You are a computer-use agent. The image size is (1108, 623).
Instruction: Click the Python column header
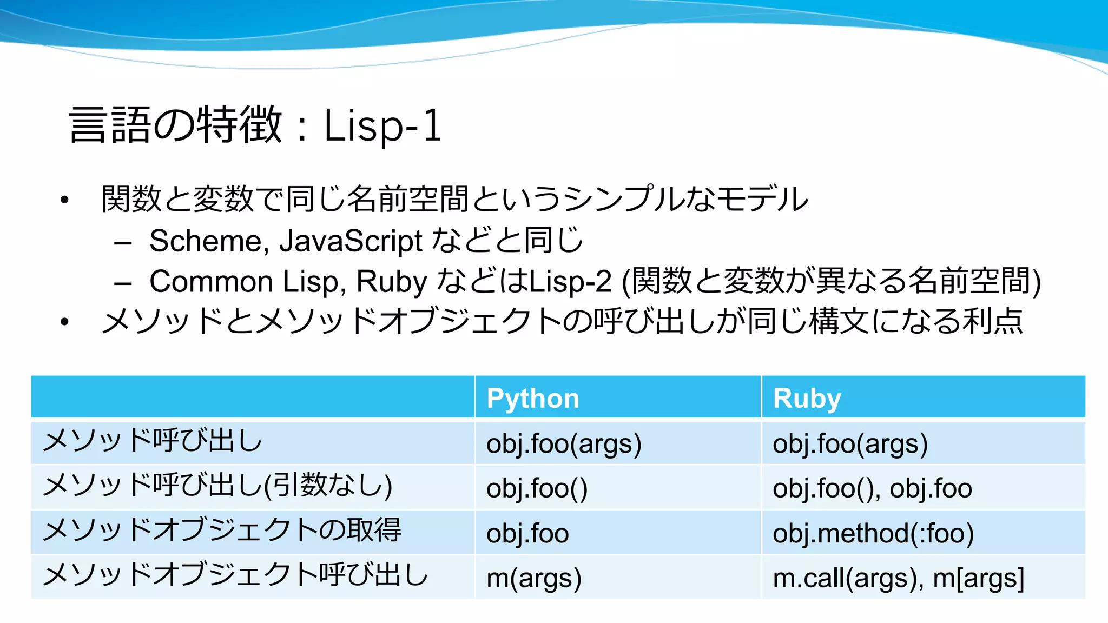pos(533,399)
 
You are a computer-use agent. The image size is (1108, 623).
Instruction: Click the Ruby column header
pos(807,399)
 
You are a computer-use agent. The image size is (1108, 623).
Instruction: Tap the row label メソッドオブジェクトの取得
pos(222,530)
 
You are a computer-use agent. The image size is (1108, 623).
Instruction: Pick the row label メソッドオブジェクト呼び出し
pos(235,575)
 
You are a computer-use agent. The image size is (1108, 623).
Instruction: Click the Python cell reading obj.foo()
pos(537,488)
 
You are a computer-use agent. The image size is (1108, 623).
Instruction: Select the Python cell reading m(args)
pos(534,578)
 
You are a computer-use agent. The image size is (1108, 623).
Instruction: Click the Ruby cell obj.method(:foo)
pos(873,533)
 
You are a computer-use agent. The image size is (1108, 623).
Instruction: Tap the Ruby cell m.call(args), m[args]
pos(898,578)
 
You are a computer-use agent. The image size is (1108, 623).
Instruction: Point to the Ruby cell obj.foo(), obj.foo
pos(872,488)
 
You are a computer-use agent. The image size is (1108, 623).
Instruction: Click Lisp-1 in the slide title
pos(382,125)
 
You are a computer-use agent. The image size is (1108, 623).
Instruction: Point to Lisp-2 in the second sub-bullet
pos(570,281)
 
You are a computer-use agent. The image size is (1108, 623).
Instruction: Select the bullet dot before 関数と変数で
pos(65,200)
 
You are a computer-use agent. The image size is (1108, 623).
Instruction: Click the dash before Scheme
pos(123,243)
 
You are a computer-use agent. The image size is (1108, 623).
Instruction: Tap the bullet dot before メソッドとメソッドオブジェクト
pos(65,322)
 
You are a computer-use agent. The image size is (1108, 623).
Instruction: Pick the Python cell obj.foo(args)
pos(564,443)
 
